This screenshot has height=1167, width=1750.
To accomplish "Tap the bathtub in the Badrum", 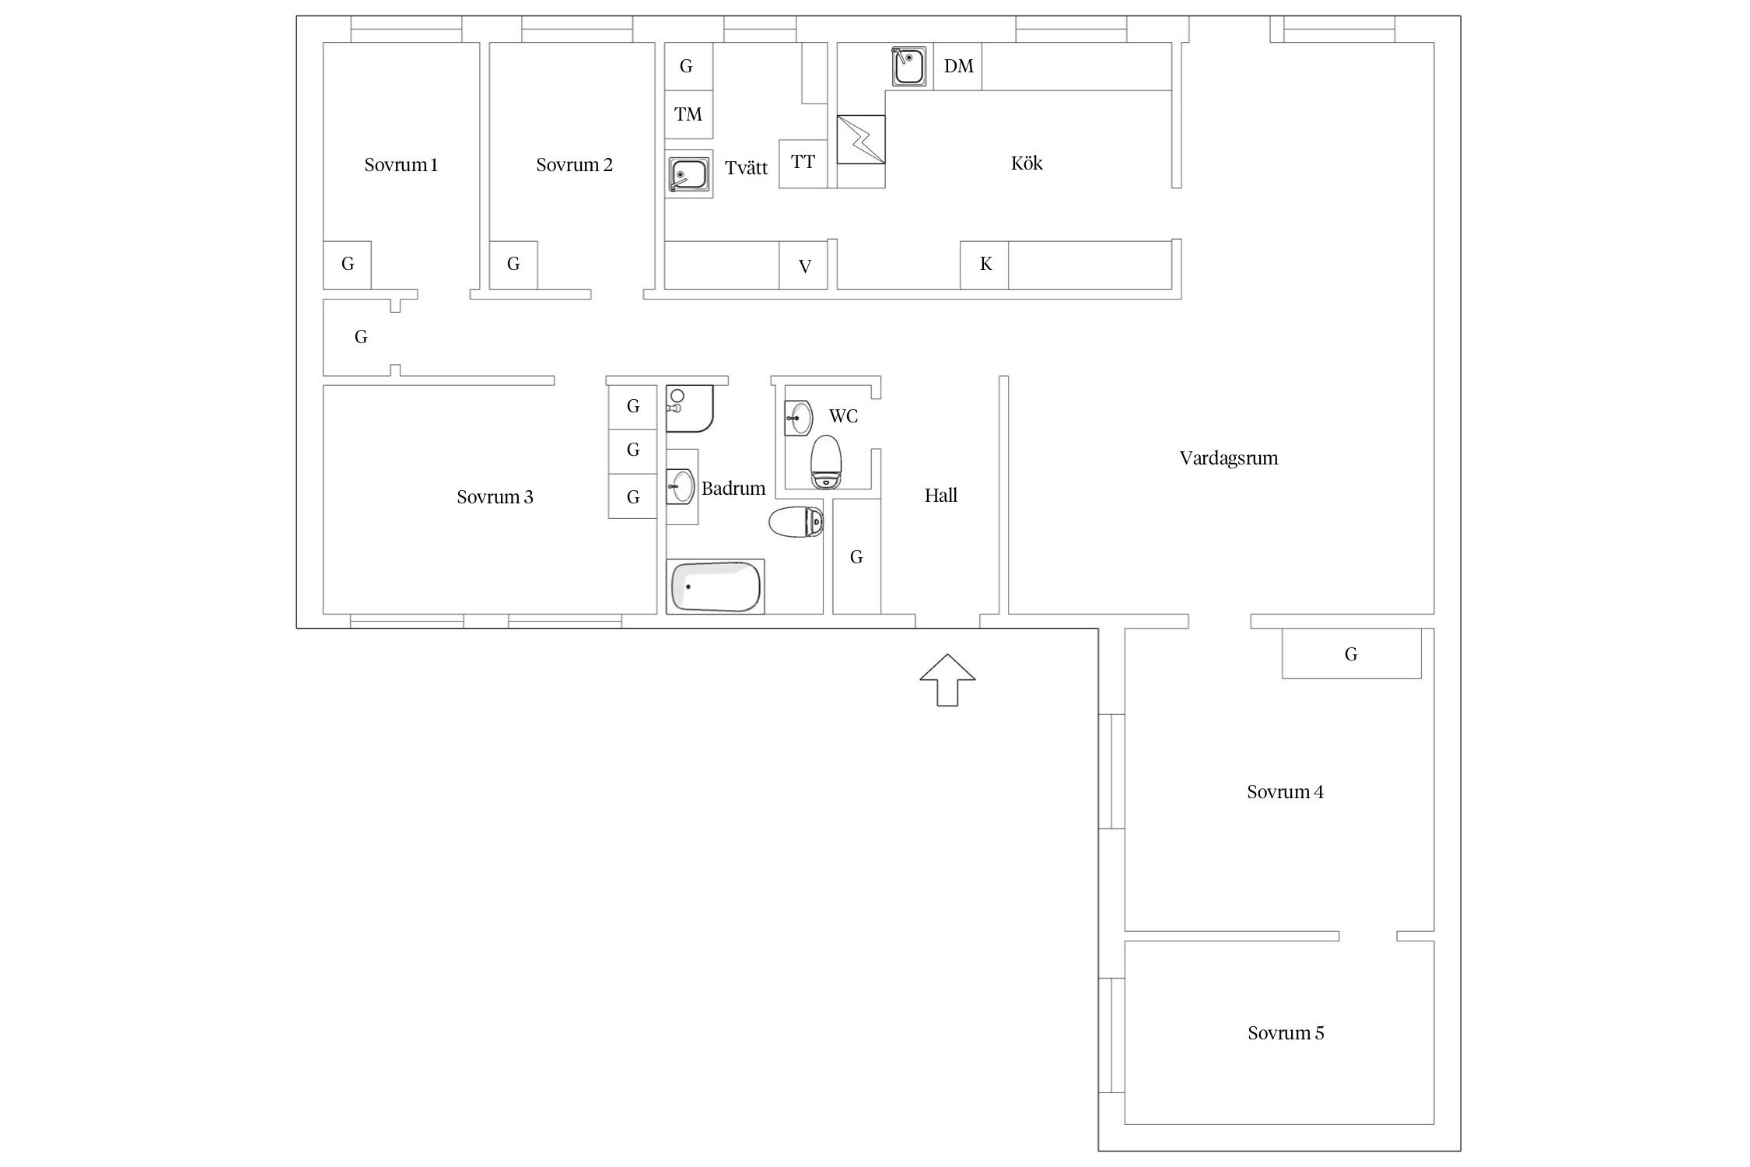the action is tap(716, 586).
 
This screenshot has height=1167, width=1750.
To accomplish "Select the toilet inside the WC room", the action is tap(826, 461).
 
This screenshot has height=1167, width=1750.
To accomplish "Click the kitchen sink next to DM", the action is tap(909, 66).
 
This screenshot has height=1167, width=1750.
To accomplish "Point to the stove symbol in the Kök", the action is tap(861, 140).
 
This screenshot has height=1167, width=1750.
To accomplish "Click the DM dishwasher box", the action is tap(957, 66).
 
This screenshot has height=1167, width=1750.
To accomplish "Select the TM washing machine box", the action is tap(688, 115).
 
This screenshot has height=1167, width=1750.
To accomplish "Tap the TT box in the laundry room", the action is tap(803, 163).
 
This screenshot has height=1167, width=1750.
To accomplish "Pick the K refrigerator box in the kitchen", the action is tap(985, 265).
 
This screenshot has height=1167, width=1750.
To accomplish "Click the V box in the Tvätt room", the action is tap(803, 266).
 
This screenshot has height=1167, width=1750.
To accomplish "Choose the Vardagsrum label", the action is tap(1229, 458).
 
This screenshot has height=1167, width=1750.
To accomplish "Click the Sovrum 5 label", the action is tap(1286, 1033).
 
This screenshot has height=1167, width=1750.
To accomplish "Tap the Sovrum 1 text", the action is tap(401, 165).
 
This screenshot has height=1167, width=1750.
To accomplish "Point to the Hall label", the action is tap(940, 496).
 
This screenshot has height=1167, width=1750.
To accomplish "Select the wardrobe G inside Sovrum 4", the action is tap(1351, 654).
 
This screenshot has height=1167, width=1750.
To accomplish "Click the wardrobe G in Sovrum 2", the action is tap(513, 265).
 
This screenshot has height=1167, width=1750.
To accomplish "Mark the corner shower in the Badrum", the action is tap(690, 408).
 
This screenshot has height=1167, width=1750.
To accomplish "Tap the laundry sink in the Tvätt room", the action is tap(689, 173).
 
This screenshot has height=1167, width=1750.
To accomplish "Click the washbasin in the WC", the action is tap(799, 418).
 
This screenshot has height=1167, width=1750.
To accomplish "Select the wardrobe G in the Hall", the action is tap(856, 556).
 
